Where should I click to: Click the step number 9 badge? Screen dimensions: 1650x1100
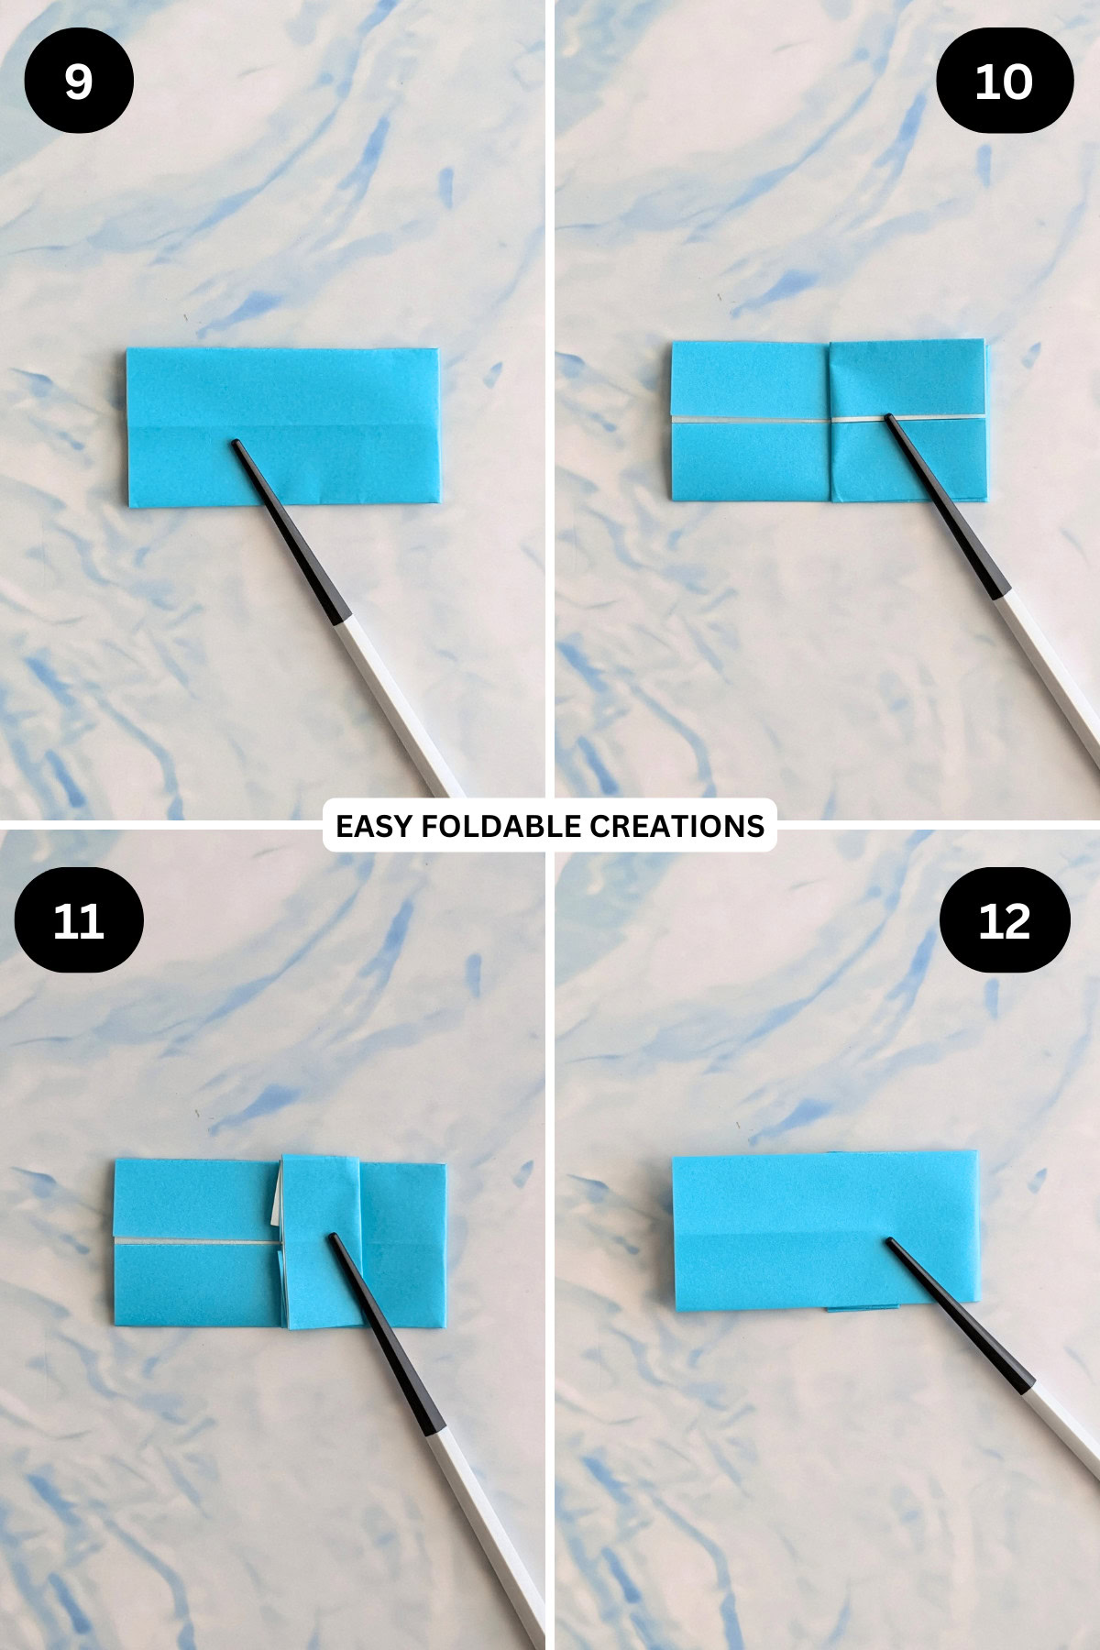click(x=79, y=82)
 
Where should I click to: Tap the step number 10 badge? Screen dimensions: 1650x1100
click(x=1004, y=82)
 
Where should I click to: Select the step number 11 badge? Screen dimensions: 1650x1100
click(x=79, y=920)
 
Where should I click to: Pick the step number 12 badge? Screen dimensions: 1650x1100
click(x=1005, y=920)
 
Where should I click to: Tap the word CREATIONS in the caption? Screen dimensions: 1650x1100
click(x=676, y=826)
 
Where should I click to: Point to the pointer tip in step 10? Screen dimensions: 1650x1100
click(x=887, y=418)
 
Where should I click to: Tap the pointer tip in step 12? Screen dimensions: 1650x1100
click(x=888, y=1241)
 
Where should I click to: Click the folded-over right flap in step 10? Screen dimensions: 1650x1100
click(x=907, y=385)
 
